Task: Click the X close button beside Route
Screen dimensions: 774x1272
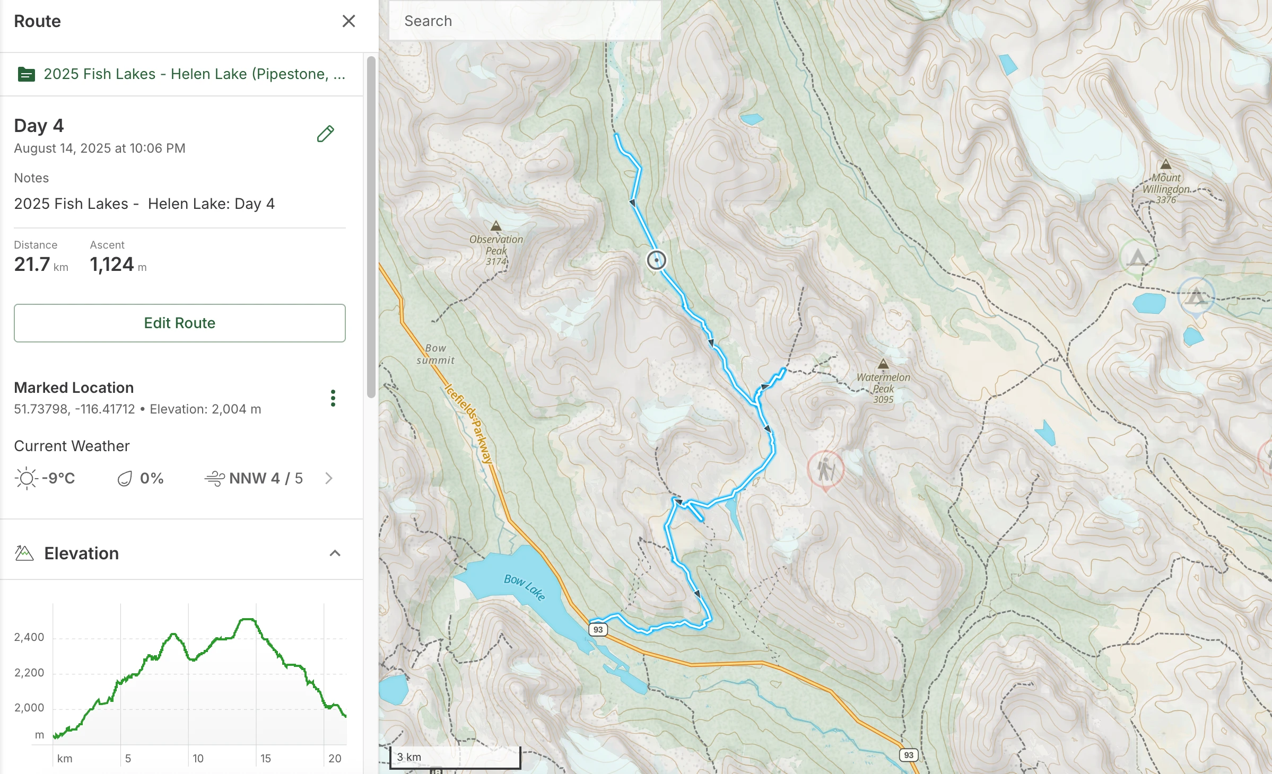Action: pos(349,21)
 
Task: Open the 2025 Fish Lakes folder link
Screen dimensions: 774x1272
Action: pos(194,74)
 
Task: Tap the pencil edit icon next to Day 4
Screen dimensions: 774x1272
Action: pos(325,134)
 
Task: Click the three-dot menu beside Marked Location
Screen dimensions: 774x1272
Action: pos(333,398)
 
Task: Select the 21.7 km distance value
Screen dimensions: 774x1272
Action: pos(41,265)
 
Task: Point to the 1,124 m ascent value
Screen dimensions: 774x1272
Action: pos(117,265)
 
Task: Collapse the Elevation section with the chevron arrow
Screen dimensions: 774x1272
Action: pos(335,553)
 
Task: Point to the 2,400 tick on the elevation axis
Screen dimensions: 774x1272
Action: pos(29,637)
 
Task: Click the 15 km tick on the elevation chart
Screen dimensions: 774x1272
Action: pos(265,758)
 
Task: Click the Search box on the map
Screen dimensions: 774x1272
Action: pos(524,21)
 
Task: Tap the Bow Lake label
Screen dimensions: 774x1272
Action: pos(524,586)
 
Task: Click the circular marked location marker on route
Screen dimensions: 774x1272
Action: pos(656,260)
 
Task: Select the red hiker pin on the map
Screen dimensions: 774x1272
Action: pos(825,469)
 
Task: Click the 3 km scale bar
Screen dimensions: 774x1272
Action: pos(455,757)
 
